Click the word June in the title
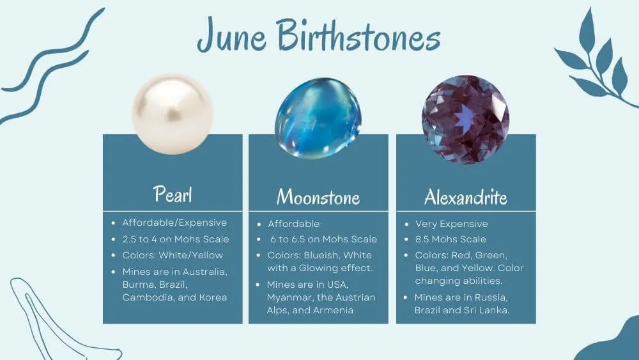[232, 36]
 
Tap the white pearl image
[173, 114]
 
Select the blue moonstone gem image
[318, 118]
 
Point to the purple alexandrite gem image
[465, 120]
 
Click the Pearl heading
[173, 194]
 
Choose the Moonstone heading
[318, 197]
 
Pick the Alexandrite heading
[466, 197]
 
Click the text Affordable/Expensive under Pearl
[174, 223]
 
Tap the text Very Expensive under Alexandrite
[452, 224]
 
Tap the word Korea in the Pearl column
[213, 297]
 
